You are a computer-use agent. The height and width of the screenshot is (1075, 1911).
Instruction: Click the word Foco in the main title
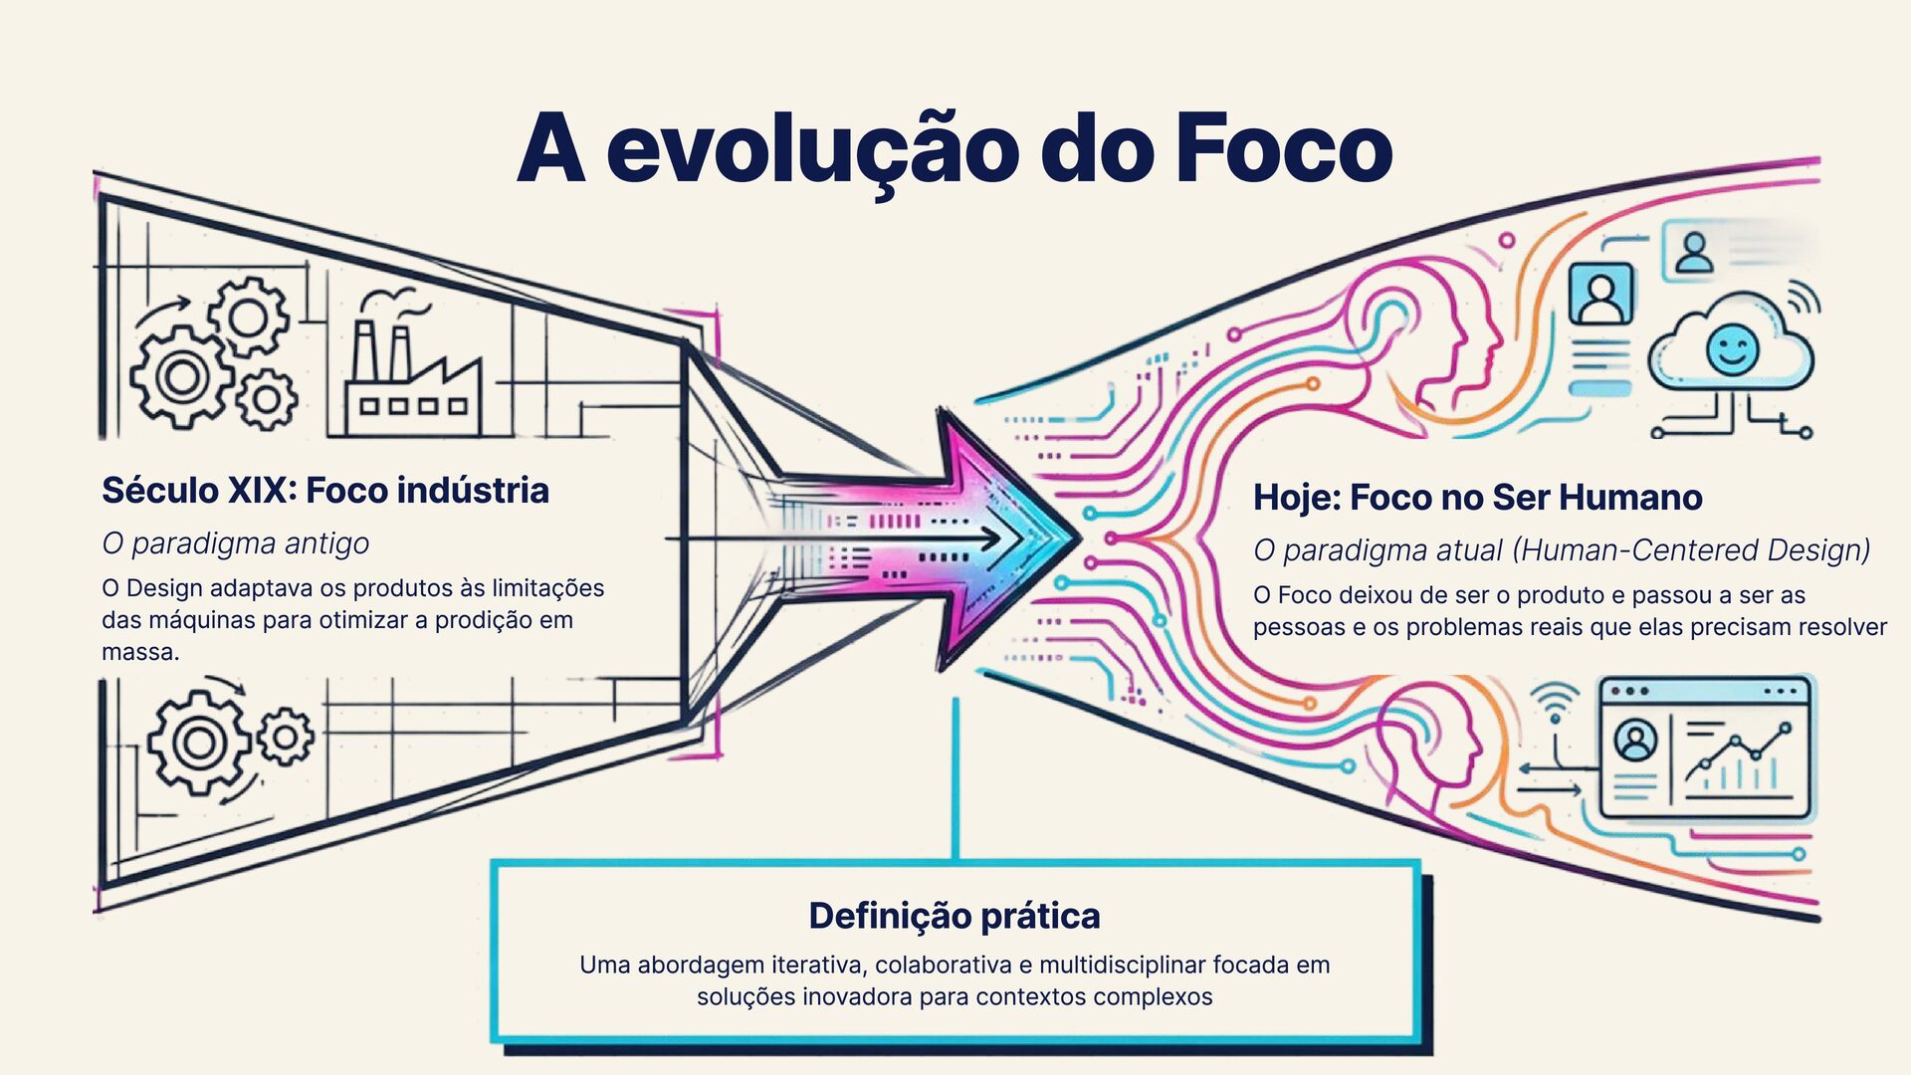point(1283,149)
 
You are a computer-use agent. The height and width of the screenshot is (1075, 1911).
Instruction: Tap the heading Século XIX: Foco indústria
point(325,491)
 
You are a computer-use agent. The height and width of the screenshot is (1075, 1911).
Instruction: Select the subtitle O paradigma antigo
point(236,543)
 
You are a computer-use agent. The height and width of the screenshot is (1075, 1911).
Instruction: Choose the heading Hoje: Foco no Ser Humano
point(1477,498)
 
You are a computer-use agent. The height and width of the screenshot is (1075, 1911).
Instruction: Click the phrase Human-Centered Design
point(1692,550)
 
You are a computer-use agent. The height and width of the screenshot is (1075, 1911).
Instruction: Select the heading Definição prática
point(955,916)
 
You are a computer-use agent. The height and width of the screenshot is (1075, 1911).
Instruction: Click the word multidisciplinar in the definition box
point(1121,965)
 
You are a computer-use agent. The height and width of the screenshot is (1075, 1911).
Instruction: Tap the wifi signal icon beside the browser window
point(1556,702)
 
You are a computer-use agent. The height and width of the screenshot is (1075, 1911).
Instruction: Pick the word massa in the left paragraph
point(139,653)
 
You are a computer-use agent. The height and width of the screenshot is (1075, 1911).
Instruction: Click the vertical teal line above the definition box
point(955,776)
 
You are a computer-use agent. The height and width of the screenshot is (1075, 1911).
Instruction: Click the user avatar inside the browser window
point(1634,741)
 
